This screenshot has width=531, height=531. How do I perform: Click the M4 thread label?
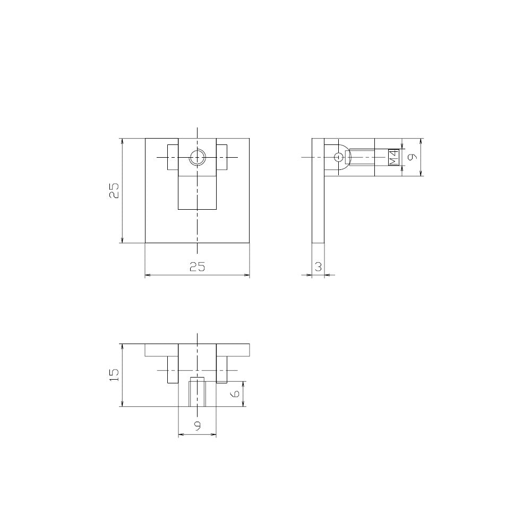tap(393, 158)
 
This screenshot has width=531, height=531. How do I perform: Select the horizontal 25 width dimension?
tap(197, 267)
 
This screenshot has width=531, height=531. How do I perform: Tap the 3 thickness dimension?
tap(318, 267)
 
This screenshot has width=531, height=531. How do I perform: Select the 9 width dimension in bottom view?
tap(198, 426)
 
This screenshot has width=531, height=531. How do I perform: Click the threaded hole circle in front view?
tap(197, 158)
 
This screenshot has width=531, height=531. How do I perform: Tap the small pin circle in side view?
tap(338, 157)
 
